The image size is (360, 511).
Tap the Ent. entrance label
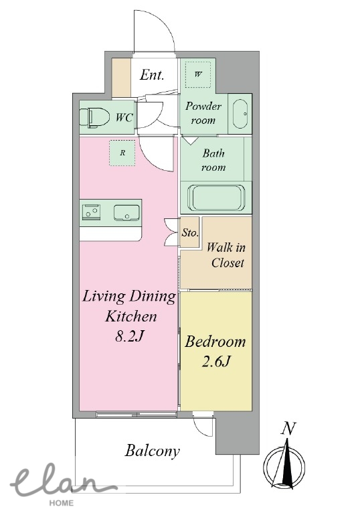[x=152, y=75]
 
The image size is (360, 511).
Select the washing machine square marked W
[x=198, y=74]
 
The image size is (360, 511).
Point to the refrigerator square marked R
[x=122, y=153]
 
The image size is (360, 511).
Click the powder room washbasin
[x=241, y=114]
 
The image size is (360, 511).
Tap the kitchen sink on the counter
[x=126, y=213]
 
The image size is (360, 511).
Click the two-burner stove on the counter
[x=91, y=212]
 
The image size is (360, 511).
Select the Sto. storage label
[x=190, y=232]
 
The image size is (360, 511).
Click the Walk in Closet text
[x=227, y=255]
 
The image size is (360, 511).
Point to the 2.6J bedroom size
[x=216, y=362]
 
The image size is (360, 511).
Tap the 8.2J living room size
[x=129, y=336]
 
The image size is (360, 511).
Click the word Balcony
[x=153, y=451]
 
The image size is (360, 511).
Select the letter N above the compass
[x=288, y=428]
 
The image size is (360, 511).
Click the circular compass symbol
[x=284, y=466]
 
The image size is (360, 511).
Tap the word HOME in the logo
[x=61, y=503]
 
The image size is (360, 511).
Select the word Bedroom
[x=215, y=342]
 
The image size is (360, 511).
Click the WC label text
[x=124, y=117]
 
